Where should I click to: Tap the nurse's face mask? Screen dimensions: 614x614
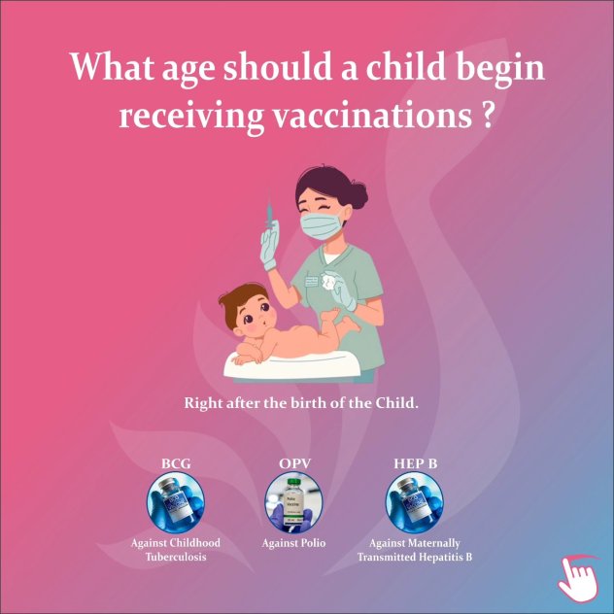click(x=322, y=225)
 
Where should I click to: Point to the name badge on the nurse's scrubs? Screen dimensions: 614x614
click(x=311, y=279)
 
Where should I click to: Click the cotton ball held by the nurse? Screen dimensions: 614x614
click(x=328, y=281)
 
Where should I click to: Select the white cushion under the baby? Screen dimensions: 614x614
click(x=291, y=365)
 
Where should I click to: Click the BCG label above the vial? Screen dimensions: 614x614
click(x=176, y=464)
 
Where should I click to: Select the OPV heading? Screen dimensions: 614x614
click(x=295, y=464)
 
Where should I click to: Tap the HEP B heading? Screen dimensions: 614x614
click(x=415, y=464)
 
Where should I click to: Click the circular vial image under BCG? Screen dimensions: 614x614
click(x=176, y=502)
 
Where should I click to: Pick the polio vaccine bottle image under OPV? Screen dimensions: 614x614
click(x=293, y=502)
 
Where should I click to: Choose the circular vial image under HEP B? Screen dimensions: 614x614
click(x=415, y=502)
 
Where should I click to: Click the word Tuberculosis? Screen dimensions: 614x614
click(x=176, y=557)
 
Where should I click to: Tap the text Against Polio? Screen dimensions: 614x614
click(x=293, y=543)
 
